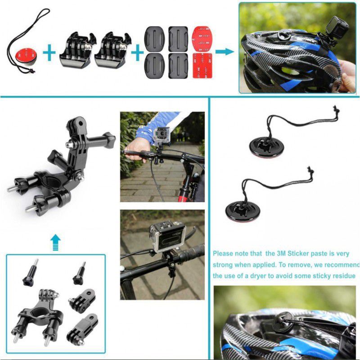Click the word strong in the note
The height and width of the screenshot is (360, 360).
222,265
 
